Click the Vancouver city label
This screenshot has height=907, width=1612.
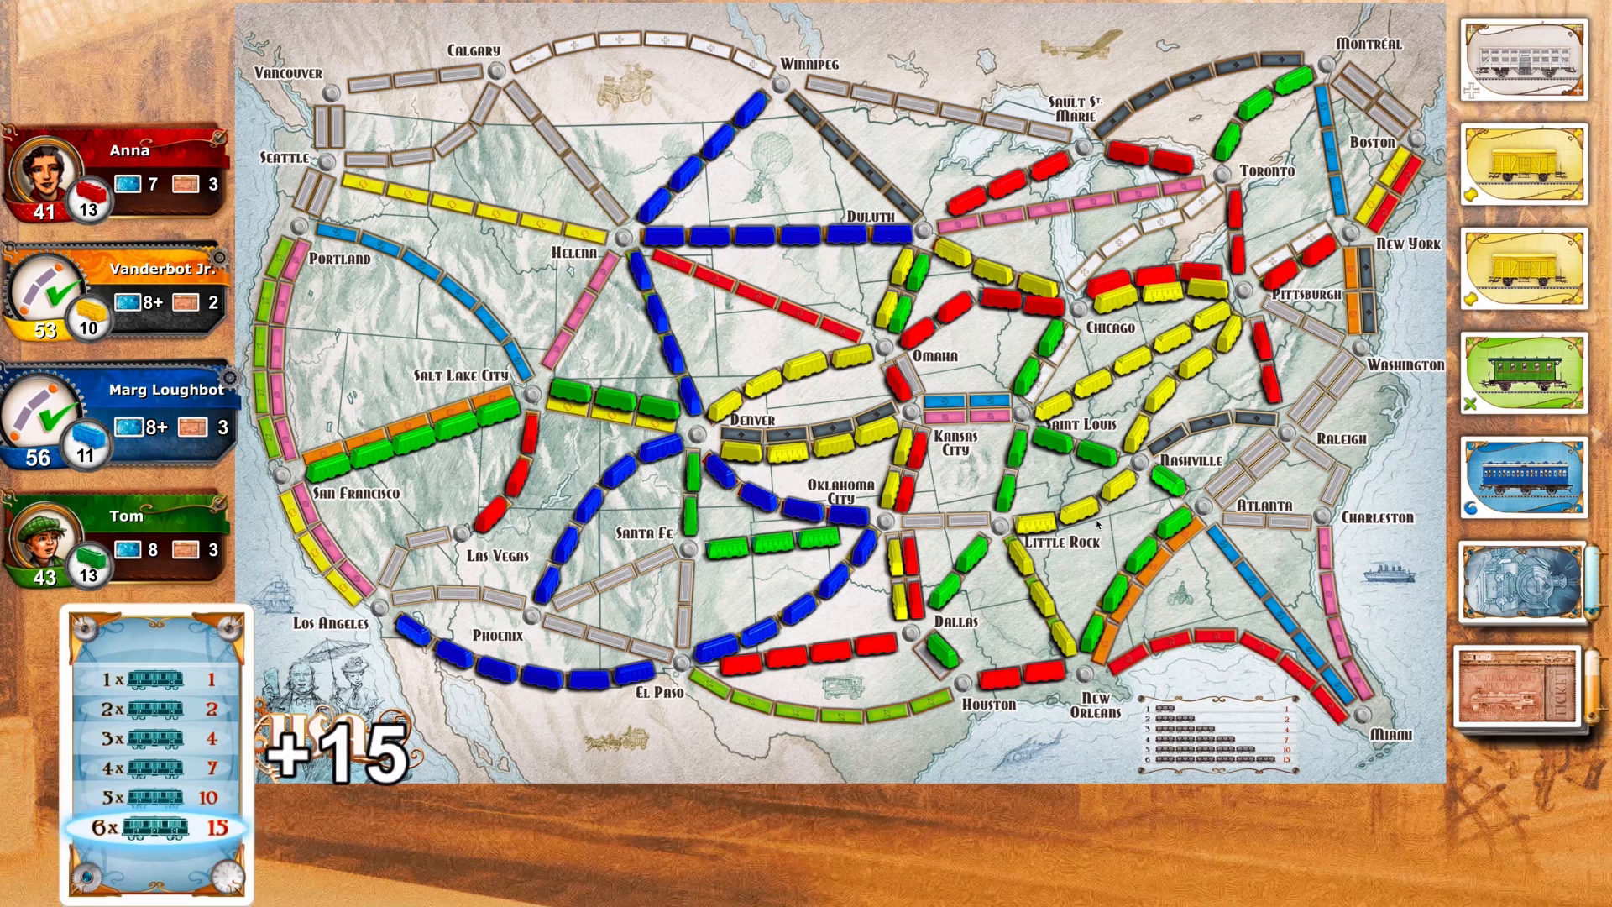pyautogui.click(x=288, y=73)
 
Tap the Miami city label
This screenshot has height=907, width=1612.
pyautogui.click(x=1390, y=735)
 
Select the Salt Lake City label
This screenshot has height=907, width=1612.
pyautogui.click(x=460, y=375)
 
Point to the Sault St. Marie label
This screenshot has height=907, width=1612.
pyautogui.click(x=1074, y=109)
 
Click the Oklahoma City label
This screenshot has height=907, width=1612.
pyautogui.click(x=840, y=491)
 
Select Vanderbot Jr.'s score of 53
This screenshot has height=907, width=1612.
pyautogui.click(x=44, y=329)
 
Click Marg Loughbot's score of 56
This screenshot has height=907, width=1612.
pyautogui.click(x=38, y=458)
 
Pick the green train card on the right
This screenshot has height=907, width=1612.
pyautogui.click(x=1523, y=374)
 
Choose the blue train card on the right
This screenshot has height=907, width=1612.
pyautogui.click(x=1523, y=477)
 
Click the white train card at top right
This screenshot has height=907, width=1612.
pyautogui.click(x=1523, y=60)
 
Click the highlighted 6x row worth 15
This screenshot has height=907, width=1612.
pyautogui.click(x=157, y=828)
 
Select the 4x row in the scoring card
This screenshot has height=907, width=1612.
pyautogui.click(x=157, y=768)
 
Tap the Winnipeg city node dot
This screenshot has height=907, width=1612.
pyautogui.click(x=780, y=84)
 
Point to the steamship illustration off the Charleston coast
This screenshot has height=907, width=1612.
pyautogui.click(x=1390, y=573)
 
